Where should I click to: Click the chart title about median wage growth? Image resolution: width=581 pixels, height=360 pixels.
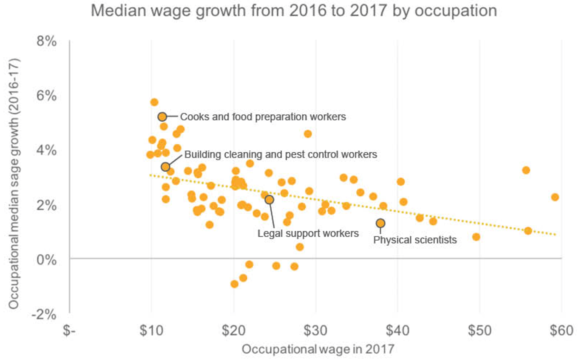(294, 11)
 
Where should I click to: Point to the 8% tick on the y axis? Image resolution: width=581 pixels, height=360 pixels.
(47, 41)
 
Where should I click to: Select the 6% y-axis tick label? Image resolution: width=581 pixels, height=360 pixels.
(47, 95)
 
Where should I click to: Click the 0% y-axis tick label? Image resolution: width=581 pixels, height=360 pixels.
(47, 259)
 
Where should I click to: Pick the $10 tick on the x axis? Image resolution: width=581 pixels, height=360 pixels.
(151, 331)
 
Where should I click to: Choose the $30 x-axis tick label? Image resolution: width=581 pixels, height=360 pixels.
(315, 331)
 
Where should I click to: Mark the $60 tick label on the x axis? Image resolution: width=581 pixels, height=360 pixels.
(561, 331)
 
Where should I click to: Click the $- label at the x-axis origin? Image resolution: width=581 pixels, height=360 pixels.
(69, 331)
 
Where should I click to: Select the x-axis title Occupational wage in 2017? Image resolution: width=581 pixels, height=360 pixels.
(318, 349)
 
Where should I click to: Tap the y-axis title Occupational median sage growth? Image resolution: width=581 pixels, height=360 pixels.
(14, 184)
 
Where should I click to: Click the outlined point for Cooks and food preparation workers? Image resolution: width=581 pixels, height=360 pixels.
(162, 117)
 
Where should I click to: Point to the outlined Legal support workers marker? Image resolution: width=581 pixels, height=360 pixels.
(269, 200)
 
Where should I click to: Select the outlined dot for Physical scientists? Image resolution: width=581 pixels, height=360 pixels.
(380, 223)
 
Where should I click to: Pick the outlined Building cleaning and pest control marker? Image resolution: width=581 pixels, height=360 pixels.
(165, 167)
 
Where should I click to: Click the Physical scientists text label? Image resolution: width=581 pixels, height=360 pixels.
(415, 240)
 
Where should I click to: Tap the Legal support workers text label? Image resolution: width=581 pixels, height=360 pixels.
(308, 234)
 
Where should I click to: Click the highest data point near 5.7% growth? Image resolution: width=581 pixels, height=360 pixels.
(154, 102)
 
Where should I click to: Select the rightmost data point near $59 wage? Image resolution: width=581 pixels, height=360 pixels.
(555, 197)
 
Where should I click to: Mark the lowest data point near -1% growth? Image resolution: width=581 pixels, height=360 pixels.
(234, 284)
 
